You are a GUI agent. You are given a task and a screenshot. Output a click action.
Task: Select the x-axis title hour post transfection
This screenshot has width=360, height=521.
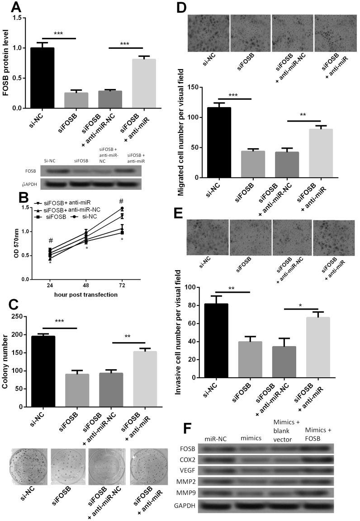(x=80, y=295)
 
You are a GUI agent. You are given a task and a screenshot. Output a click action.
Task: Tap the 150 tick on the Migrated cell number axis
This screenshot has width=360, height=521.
(x=197, y=87)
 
